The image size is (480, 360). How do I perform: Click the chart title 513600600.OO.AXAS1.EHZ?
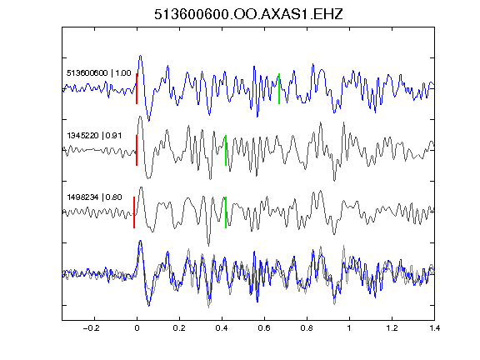pyautogui.click(x=248, y=14)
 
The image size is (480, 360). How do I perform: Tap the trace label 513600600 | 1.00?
pyautogui.click(x=99, y=73)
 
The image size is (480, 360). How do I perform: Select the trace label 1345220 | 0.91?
pyautogui.click(x=94, y=135)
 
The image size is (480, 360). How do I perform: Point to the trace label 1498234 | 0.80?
pyautogui.click(x=94, y=197)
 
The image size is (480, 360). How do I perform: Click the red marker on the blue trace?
pyautogui.click(x=137, y=89)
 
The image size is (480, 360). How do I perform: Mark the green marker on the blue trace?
pyautogui.click(x=279, y=89)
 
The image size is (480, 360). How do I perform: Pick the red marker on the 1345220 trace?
pyautogui.click(x=137, y=150)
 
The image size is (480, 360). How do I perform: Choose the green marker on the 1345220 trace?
pyautogui.click(x=226, y=150)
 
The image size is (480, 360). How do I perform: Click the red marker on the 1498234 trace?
pyautogui.click(x=134, y=212)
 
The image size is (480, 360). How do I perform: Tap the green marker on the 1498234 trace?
pyautogui.click(x=226, y=212)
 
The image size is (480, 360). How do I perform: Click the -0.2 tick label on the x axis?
pyautogui.click(x=92, y=328)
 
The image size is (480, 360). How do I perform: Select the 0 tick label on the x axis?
pyautogui.click(x=137, y=328)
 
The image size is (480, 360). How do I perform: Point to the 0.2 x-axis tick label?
pyautogui.click(x=179, y=328)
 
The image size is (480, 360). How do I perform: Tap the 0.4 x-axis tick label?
pyautogui.click(x=222, y=328)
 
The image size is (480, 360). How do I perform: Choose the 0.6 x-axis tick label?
pyautogui.click(x=264, y=328)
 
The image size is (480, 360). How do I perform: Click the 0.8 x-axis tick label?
pyautogui.click(x=307, y=328)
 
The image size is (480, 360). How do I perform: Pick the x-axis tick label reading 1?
pyautogui.click(x=349, y=328)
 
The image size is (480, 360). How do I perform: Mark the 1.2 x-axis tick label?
pyautogui.click(x=392, y=328)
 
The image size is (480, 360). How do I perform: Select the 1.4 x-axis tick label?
pyautogui.click(x=434, y=328)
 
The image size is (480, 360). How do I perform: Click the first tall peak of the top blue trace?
pyautogui.click(x=140, y=56)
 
